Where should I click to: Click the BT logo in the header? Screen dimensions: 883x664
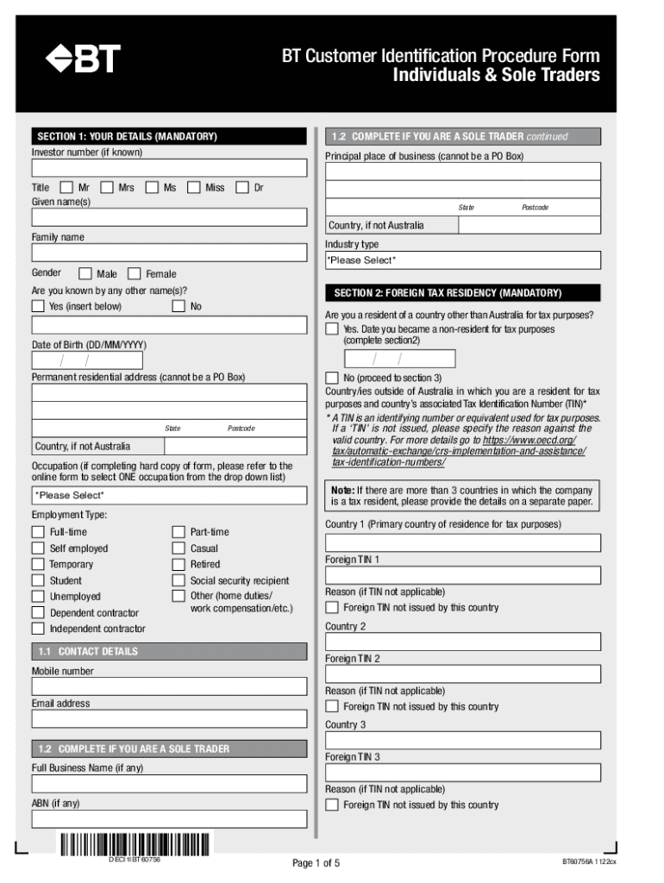[83, 59]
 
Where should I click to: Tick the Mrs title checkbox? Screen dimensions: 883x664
[108, 187]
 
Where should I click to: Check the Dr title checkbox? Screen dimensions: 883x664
[242, 187]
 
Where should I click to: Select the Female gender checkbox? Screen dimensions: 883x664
[134, 274]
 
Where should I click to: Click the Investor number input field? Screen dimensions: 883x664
[169, 167]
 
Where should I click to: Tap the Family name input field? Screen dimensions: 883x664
[169, 253]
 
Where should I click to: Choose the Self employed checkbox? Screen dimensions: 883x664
[38, 548]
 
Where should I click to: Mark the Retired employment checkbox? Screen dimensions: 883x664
[179, 565]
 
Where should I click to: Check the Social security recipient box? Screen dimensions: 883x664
[179, 581]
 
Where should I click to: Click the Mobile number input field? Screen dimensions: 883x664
[169, 686]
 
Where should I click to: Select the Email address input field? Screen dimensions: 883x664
[169, 719]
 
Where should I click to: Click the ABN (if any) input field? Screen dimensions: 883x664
[169, 818]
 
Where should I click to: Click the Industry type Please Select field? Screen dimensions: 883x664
[462, 260]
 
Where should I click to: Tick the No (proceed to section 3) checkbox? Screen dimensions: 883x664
[332, 379]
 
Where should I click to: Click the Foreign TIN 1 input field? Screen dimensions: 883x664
[462, 575]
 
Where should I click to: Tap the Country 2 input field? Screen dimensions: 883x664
[462, 642]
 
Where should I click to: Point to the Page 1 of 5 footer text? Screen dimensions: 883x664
[316, 863]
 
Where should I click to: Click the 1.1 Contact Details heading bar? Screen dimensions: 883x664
[169, 652]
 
